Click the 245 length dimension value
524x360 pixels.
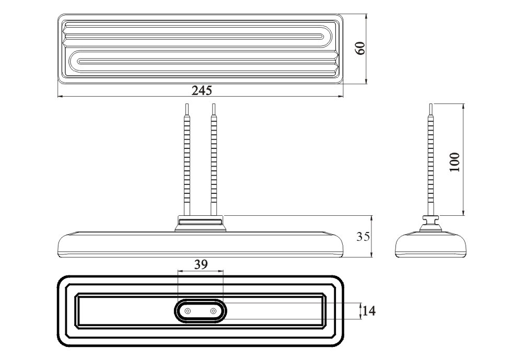coord(202,90)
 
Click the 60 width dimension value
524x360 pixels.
coord(360,49)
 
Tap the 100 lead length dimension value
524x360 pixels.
coord(455,162)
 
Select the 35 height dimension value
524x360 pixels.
coord(363,237)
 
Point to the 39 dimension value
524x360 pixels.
coord(201,265)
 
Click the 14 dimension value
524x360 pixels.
coord(369,311)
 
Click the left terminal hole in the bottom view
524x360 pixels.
coord(188,311)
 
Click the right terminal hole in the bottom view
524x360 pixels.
coord(213,311)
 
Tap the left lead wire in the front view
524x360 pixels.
coord(187,160)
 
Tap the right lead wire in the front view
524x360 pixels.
coord(214,160)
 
